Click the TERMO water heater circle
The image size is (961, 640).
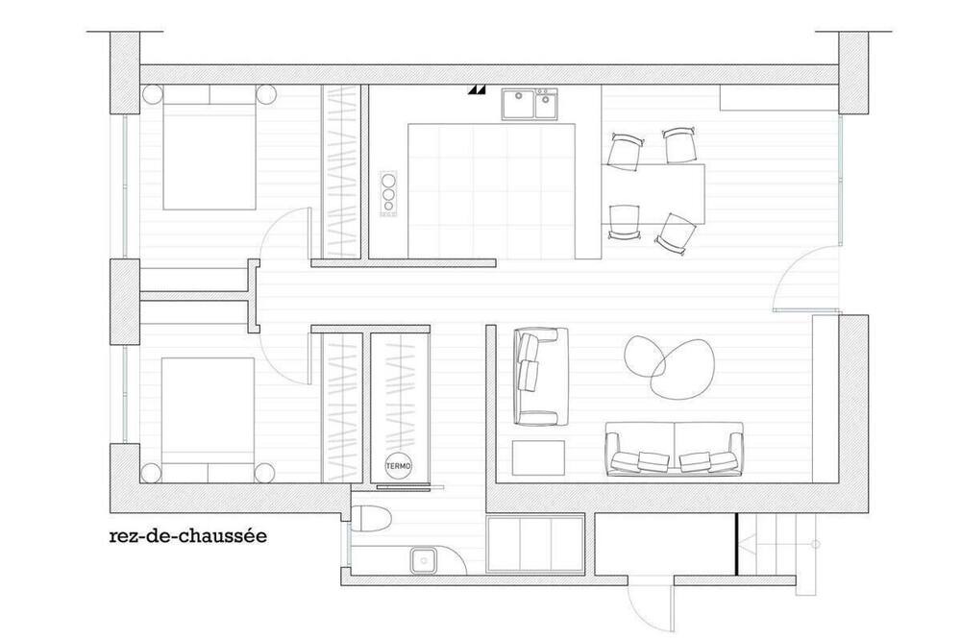[x=399, y=466]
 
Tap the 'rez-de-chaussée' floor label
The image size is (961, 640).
[x=188, y=536]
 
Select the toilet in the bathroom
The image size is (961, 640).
[x=371, y=519]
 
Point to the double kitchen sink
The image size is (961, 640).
[x=530, y=104]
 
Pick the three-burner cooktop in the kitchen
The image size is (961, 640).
[x=388, y=194]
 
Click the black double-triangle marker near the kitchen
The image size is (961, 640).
[x=477, y=90]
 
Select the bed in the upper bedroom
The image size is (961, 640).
[x=209, y=148]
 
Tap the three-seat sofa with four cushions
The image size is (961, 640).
[x=675, y=449]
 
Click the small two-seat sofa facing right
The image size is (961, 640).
[x=540, y=377]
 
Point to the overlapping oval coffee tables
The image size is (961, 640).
[x=669, y=366]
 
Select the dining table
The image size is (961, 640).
[x=653, y=194]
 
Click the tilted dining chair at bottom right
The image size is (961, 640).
[x=677, y=234]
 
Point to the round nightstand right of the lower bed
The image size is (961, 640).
[x=265, y=473]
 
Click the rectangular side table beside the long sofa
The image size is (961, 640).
[x=539, y=457]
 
